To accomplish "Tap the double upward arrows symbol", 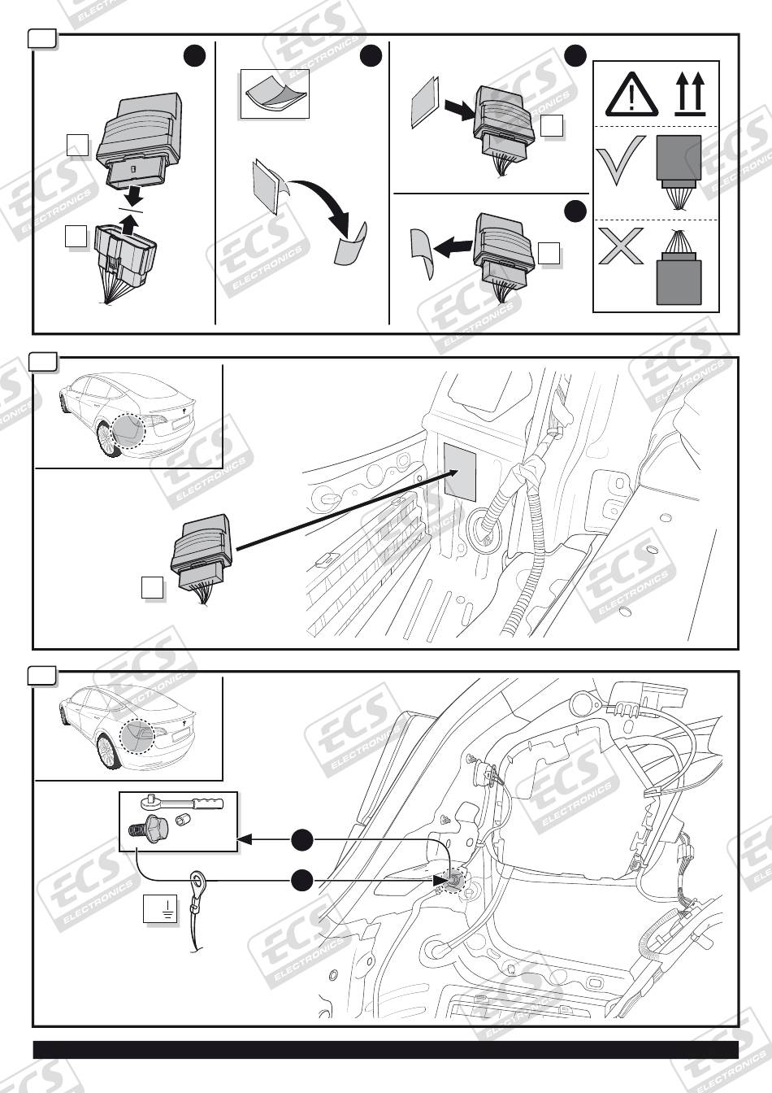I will (x=690, y=95).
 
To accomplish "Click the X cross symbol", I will (x=621, y=246).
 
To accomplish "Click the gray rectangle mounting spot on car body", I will (x=460, y=471).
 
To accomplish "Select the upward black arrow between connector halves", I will (x=124, y=219).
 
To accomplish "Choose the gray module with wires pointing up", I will (x=679, y=272).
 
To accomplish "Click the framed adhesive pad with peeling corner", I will (x=275, y=94).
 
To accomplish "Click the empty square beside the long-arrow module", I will (x=152, y=586).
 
